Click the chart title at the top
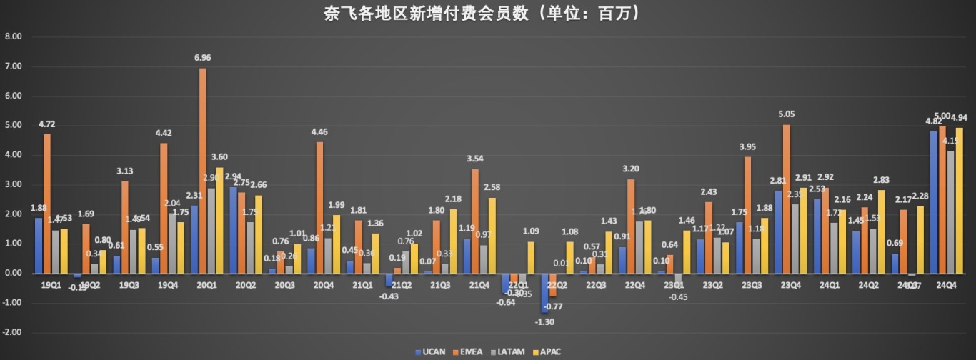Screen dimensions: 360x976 (x=487, y=13)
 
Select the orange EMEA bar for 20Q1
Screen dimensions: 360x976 (x=203, y=171)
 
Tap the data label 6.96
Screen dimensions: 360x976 (x=203, y=58)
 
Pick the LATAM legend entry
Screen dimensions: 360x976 (x=510, y=351)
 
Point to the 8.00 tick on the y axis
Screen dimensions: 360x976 (x=13, y=36)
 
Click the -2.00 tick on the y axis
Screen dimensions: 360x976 (x=13, y=333)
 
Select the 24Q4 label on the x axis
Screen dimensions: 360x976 (x=946, y=285)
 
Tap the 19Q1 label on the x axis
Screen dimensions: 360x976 (x=51, y=285)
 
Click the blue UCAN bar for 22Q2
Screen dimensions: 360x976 (x=544, y=293)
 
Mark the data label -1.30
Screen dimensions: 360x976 (x=544, y=321)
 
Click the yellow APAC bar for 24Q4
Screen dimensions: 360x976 (x=958, y=201)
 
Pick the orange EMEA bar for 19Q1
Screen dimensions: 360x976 (x=47, y=204)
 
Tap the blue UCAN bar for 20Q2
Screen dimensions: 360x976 (x=233, y=230)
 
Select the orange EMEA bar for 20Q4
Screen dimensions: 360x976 (x=319, y=208)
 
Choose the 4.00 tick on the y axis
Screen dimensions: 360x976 (x=13, y=155)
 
